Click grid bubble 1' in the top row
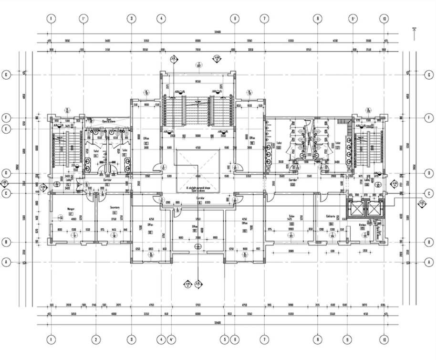coord(83,19)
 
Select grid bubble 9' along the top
coord(353,19)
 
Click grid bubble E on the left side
coord(7,128)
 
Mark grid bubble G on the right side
coord(428,75)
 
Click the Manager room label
coord(60,209)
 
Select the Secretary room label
coord(114,208)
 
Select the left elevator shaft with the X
coord(355,209)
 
